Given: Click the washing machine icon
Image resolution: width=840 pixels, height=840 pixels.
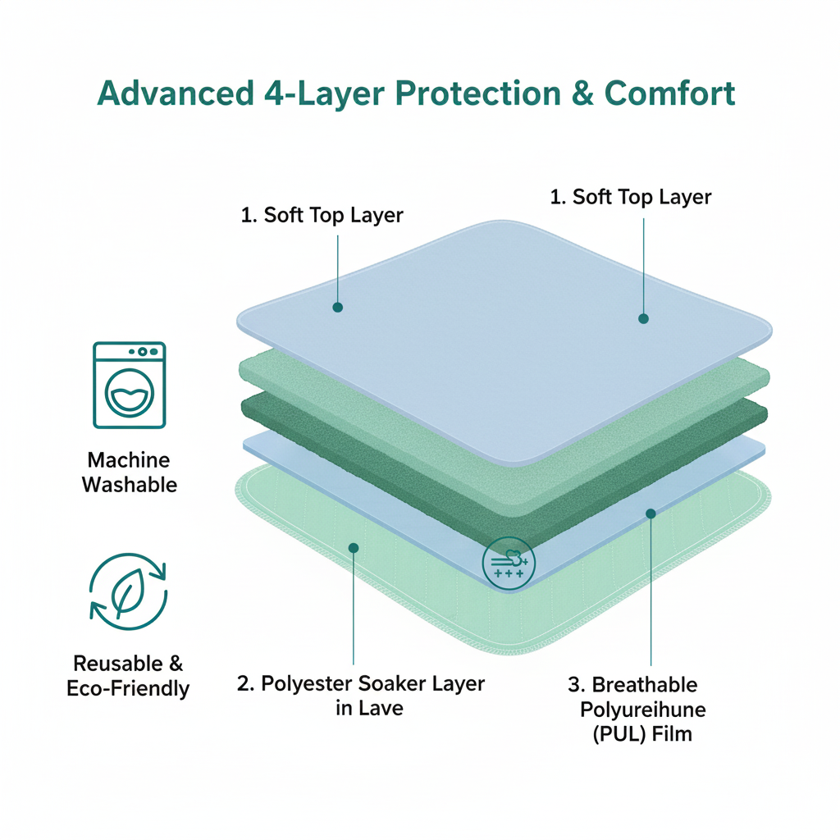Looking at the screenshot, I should pyautogui.click(x=130, y=385).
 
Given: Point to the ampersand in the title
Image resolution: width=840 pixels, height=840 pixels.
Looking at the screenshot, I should pyautogui.click(x=581, y=94).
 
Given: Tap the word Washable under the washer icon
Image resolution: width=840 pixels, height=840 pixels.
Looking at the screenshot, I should pyautogui.click(x=130, y=484).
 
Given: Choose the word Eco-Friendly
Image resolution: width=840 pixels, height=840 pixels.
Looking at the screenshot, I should pyautogui.click(x=128, y=687).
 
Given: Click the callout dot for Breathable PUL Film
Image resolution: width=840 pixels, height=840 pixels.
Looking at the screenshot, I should pyautogui.click(x=651, y=514).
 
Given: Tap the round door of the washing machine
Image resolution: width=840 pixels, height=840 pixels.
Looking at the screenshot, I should pyautogui.click(x=130, y=395).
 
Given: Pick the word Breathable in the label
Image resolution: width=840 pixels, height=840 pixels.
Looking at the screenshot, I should pyautogui.click(x=644, y=684).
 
